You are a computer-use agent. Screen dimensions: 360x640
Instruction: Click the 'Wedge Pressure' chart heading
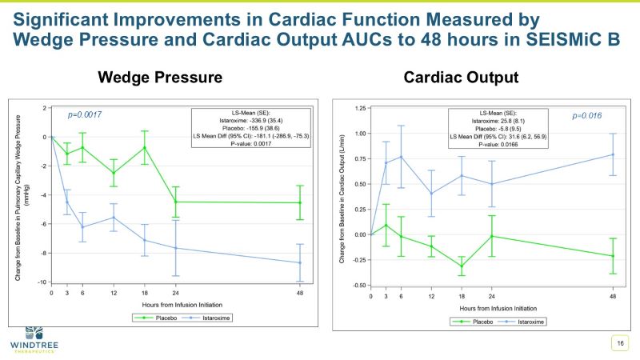(x=159, y=78)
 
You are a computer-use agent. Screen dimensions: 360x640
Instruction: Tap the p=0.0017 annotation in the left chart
(x=84, y=114)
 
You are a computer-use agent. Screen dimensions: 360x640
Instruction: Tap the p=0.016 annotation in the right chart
(x=588, y=115)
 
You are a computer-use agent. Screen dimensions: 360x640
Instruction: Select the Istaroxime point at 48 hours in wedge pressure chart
(x=300, y=262)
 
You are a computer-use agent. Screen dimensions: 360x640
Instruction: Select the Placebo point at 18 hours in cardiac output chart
(x=462, y=266)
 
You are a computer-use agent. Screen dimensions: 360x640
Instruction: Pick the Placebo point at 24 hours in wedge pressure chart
(x=176, y=202)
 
